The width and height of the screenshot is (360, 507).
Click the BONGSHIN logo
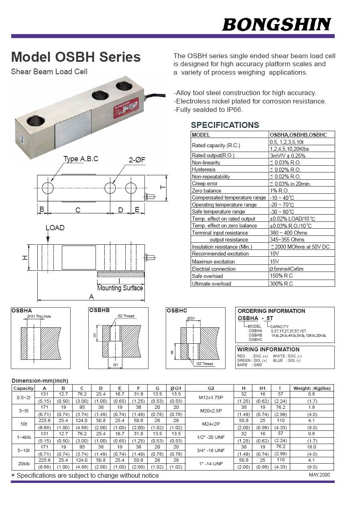pos(277,25)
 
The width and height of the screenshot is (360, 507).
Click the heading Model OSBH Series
pos(76,57)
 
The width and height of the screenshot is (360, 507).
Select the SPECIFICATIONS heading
pos(225,125)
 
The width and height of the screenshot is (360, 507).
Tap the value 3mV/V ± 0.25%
pos(287,156)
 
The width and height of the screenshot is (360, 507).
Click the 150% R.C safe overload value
pos(281,276)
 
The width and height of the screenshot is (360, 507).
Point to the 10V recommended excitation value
pos(275,254)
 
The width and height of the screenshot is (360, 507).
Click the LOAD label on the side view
pos(55,228)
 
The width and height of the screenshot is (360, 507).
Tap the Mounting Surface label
pos(120,288)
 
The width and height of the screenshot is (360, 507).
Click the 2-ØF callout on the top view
pos(137,160)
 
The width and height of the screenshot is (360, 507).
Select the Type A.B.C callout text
pos(81,159)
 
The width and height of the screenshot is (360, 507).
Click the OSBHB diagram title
pos(99,310)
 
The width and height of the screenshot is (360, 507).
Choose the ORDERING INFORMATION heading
pos(271,311)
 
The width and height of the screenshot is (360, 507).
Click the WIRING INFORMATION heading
pos(268,349)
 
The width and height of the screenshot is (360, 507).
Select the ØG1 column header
pos(176,388)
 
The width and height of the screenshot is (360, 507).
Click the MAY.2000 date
pos(319,475)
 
